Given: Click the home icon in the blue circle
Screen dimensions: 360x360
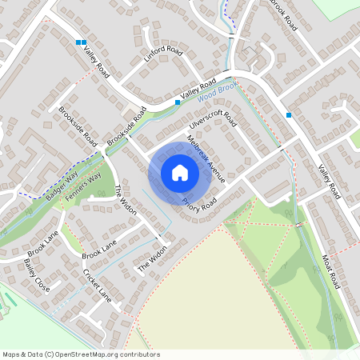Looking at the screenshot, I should coord(180,172).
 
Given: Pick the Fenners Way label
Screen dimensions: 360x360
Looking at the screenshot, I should coord(84,186).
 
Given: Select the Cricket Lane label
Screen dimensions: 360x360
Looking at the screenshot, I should coord(97,283).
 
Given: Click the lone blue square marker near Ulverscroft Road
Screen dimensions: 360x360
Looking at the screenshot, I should coord(289,115).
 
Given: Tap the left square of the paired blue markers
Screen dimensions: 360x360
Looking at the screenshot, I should coord(78,42).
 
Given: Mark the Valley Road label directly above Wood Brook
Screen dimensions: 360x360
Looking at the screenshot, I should coord(199,89).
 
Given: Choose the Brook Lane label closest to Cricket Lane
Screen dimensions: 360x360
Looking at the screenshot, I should coord(99,249).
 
